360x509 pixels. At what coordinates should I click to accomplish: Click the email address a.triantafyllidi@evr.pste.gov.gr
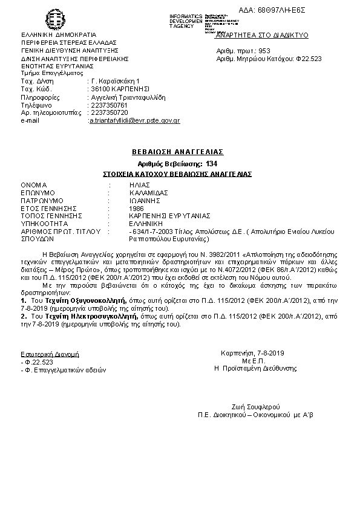coord(134,120)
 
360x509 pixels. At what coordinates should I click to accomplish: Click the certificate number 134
coord(211,164)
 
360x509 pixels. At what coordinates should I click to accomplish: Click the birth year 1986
coord(136,207)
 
